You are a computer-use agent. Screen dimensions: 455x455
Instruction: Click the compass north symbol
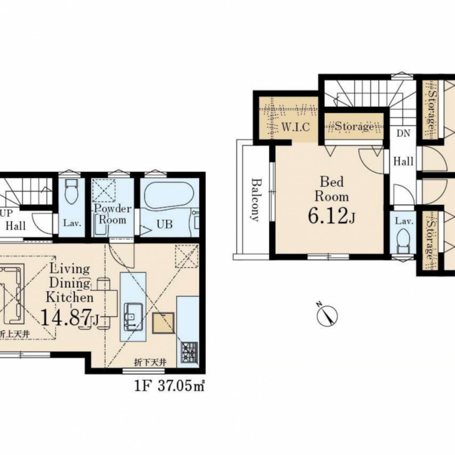(x=328, y=316)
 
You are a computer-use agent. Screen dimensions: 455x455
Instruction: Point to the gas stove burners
(x=189, y=352)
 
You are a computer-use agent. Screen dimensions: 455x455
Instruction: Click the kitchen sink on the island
(x=133, y=317)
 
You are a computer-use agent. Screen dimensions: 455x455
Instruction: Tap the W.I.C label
(x=296, y=127)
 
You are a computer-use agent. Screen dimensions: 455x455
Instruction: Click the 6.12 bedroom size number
(x=328, y=217)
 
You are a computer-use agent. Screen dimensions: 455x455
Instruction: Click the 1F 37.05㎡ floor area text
(x=169, y=386)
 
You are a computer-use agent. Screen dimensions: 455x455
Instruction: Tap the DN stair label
(x=403, y=133)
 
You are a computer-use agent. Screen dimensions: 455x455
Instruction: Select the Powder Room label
(x=113, y=214)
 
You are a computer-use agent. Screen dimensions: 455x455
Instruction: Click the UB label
(x=164, y=224)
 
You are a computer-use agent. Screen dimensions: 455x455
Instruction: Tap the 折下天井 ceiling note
(x=151, y=362)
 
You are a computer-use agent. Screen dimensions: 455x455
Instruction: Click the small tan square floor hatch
(x=163, y=322)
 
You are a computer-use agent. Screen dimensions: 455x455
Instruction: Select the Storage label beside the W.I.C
(x=354, y=126)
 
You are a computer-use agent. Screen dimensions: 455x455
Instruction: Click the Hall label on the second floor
(x=403, y=161)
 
